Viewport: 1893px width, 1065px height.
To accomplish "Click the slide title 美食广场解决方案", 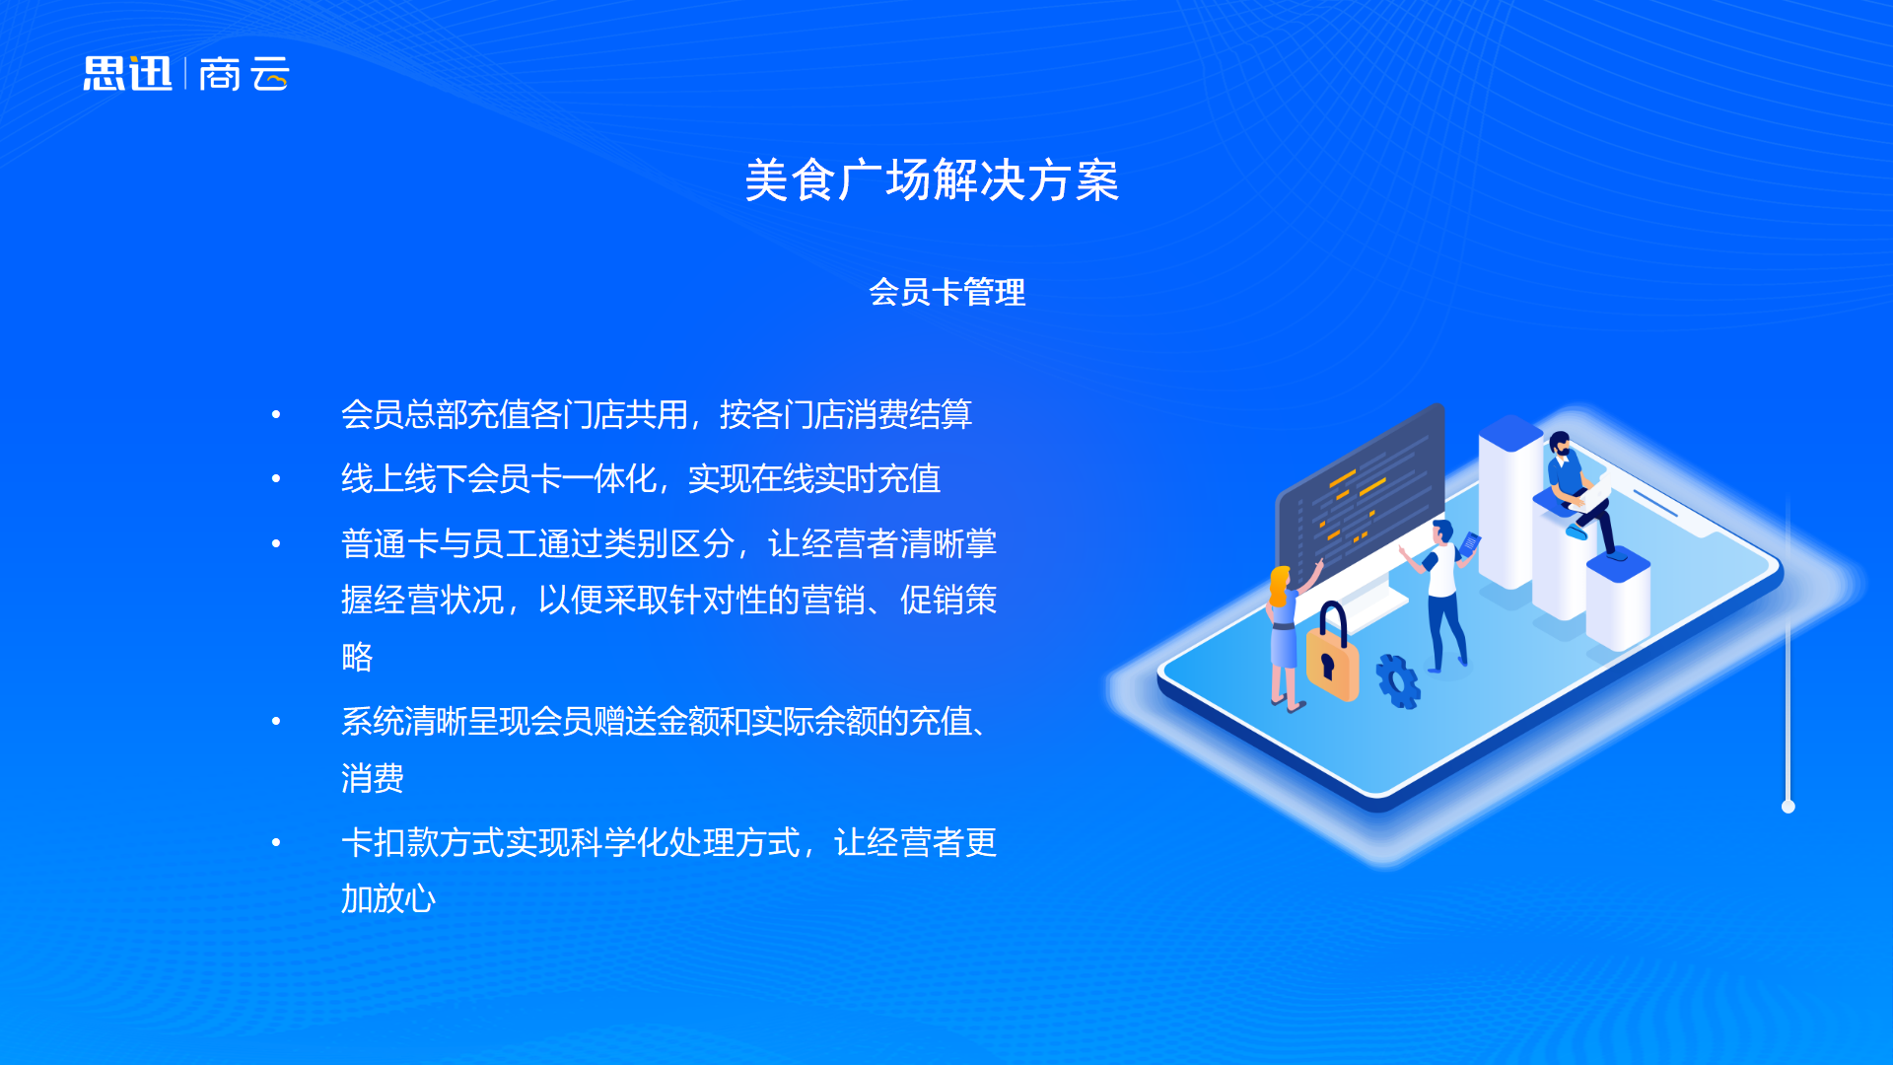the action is [932, 180].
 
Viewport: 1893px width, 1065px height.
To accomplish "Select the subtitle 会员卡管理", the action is [946, 292].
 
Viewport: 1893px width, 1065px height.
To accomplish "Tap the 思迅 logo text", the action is [127, 74].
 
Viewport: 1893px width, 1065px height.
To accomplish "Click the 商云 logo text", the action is [245, 74].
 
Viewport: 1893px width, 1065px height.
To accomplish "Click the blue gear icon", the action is [1398, 681].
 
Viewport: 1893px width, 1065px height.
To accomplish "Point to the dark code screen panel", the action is [1361, 493].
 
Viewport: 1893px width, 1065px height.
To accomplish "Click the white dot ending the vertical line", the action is [1788, 807].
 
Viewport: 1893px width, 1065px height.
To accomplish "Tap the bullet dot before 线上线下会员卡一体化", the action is [276, 479].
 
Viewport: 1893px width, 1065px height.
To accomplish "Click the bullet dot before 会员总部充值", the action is [276, 415].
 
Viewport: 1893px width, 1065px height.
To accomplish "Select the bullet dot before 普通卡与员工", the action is [276, 543].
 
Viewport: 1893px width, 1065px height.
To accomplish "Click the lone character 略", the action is [357, 657].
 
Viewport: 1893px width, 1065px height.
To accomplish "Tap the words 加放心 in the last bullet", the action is [388, 898].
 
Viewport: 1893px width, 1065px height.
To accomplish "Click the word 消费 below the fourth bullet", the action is [373, 778].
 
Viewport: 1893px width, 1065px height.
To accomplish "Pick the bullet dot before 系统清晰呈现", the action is [276, 722].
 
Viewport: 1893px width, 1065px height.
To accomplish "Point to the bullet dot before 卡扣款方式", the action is [276, 843].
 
